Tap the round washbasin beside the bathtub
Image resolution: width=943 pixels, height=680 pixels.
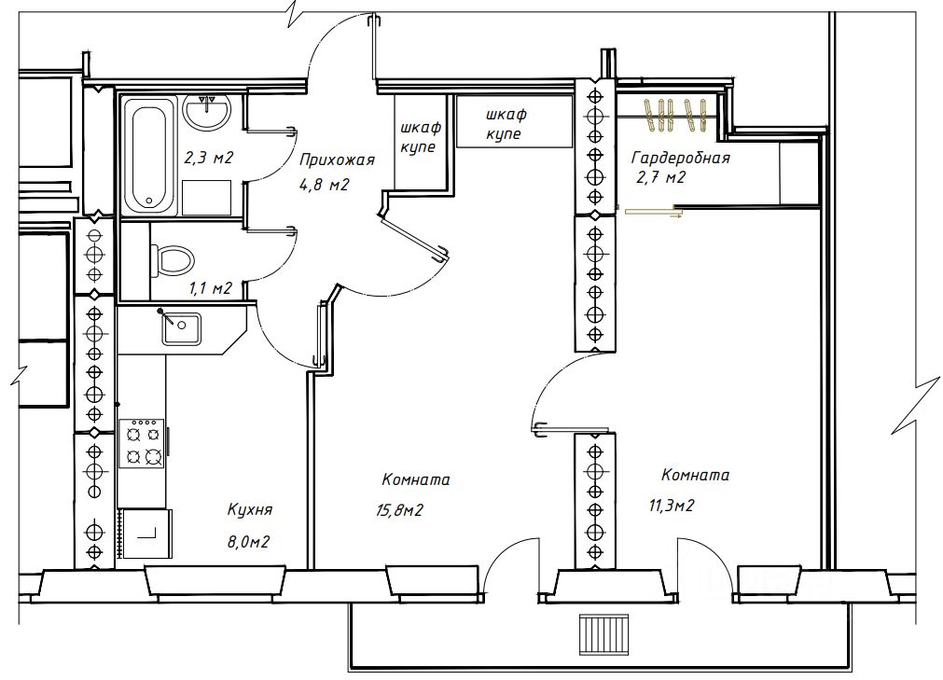pyautogui.click(x=206, y=113)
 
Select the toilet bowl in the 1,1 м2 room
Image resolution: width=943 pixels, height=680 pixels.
pyautogui.click(x=172, y=259)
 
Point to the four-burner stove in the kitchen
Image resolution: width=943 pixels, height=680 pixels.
pyautogui.click(x=142, y=444)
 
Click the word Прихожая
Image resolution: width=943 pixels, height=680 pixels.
pyautogui.click(x=337, y=160)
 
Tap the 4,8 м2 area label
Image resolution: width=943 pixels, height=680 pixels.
pyautogui.click(x=324, y=185)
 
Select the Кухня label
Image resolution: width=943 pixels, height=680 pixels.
pyautogui.click(x=250, y=510)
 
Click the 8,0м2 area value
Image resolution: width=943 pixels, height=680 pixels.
pyautogui.click(x=248, y=542)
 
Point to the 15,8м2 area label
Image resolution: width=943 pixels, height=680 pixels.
pyautogui.click(x=400, y=510)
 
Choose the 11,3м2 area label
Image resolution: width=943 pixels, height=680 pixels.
pyautogui.click(x=672, y=506)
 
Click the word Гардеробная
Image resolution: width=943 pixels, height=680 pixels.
pyautogui.click(x=680, y=159)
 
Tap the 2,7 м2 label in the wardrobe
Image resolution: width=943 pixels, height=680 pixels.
pyautogui.click(x=660, y=178)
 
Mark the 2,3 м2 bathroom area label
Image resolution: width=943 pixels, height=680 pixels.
pyautogui.click(x=208, y=159)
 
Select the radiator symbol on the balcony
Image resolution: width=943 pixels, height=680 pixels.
pyautogui.click(x=603, y=634)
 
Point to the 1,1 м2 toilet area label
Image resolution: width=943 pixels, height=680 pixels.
pyautogui.click(x=211, y=288)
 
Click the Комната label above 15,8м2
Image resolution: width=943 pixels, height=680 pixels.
pyautogui.click(x=416, y=480)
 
